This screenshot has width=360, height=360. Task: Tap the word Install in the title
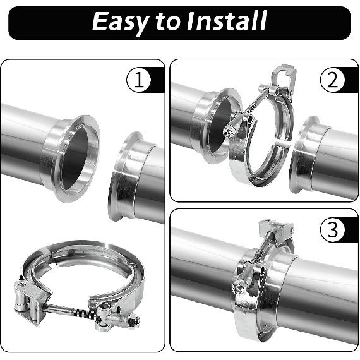225,21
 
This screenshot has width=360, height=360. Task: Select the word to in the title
168,22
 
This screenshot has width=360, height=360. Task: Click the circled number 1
138,81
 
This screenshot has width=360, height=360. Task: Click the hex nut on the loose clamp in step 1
132,321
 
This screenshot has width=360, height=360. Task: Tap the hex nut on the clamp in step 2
228,132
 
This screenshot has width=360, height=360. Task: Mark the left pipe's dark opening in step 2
217,127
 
